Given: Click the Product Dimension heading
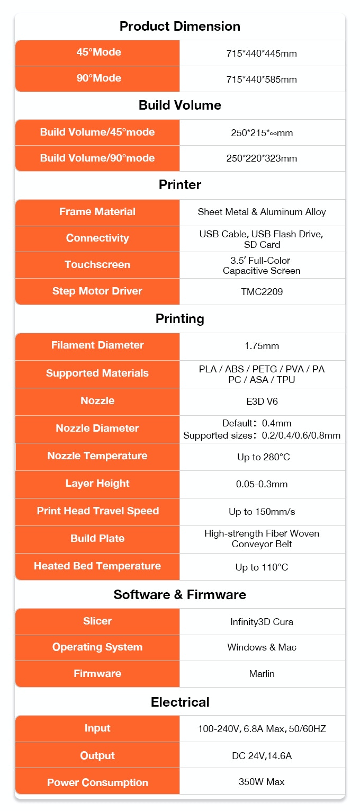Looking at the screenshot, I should click(179, 26).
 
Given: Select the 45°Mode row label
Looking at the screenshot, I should click(97, 52).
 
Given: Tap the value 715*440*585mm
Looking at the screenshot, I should click(262, 79).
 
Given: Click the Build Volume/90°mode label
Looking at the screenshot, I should click(97, 158).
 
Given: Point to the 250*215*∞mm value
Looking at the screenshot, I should click(262, 133).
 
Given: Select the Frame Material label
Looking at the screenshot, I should click(97, 212).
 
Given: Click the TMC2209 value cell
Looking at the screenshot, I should click(262, 292).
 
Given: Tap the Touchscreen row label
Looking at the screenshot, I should click(97, 265).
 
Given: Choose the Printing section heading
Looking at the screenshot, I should click(179, 319).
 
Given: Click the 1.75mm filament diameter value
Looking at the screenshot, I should click(262, 346).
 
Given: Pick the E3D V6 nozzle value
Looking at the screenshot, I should click(262, 402).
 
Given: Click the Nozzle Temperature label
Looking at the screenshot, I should click(97, 456).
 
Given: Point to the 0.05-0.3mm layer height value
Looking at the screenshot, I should click(262, 484).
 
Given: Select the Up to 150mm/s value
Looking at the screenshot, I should click(262, 512).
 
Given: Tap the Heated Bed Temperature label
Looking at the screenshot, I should click(97, 566).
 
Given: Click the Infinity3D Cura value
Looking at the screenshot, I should click(262, 622).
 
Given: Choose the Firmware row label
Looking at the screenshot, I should click(97, 674).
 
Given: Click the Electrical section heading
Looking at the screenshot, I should click(179, 702).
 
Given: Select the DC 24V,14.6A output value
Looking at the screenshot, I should click(262, 756).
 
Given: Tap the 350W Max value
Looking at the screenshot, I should click(262, 782).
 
